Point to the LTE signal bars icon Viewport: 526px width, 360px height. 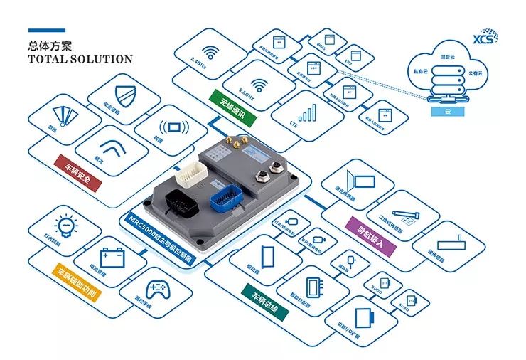click(x=307, y=113)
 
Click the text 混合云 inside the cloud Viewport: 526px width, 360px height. click(x=447, y=54)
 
